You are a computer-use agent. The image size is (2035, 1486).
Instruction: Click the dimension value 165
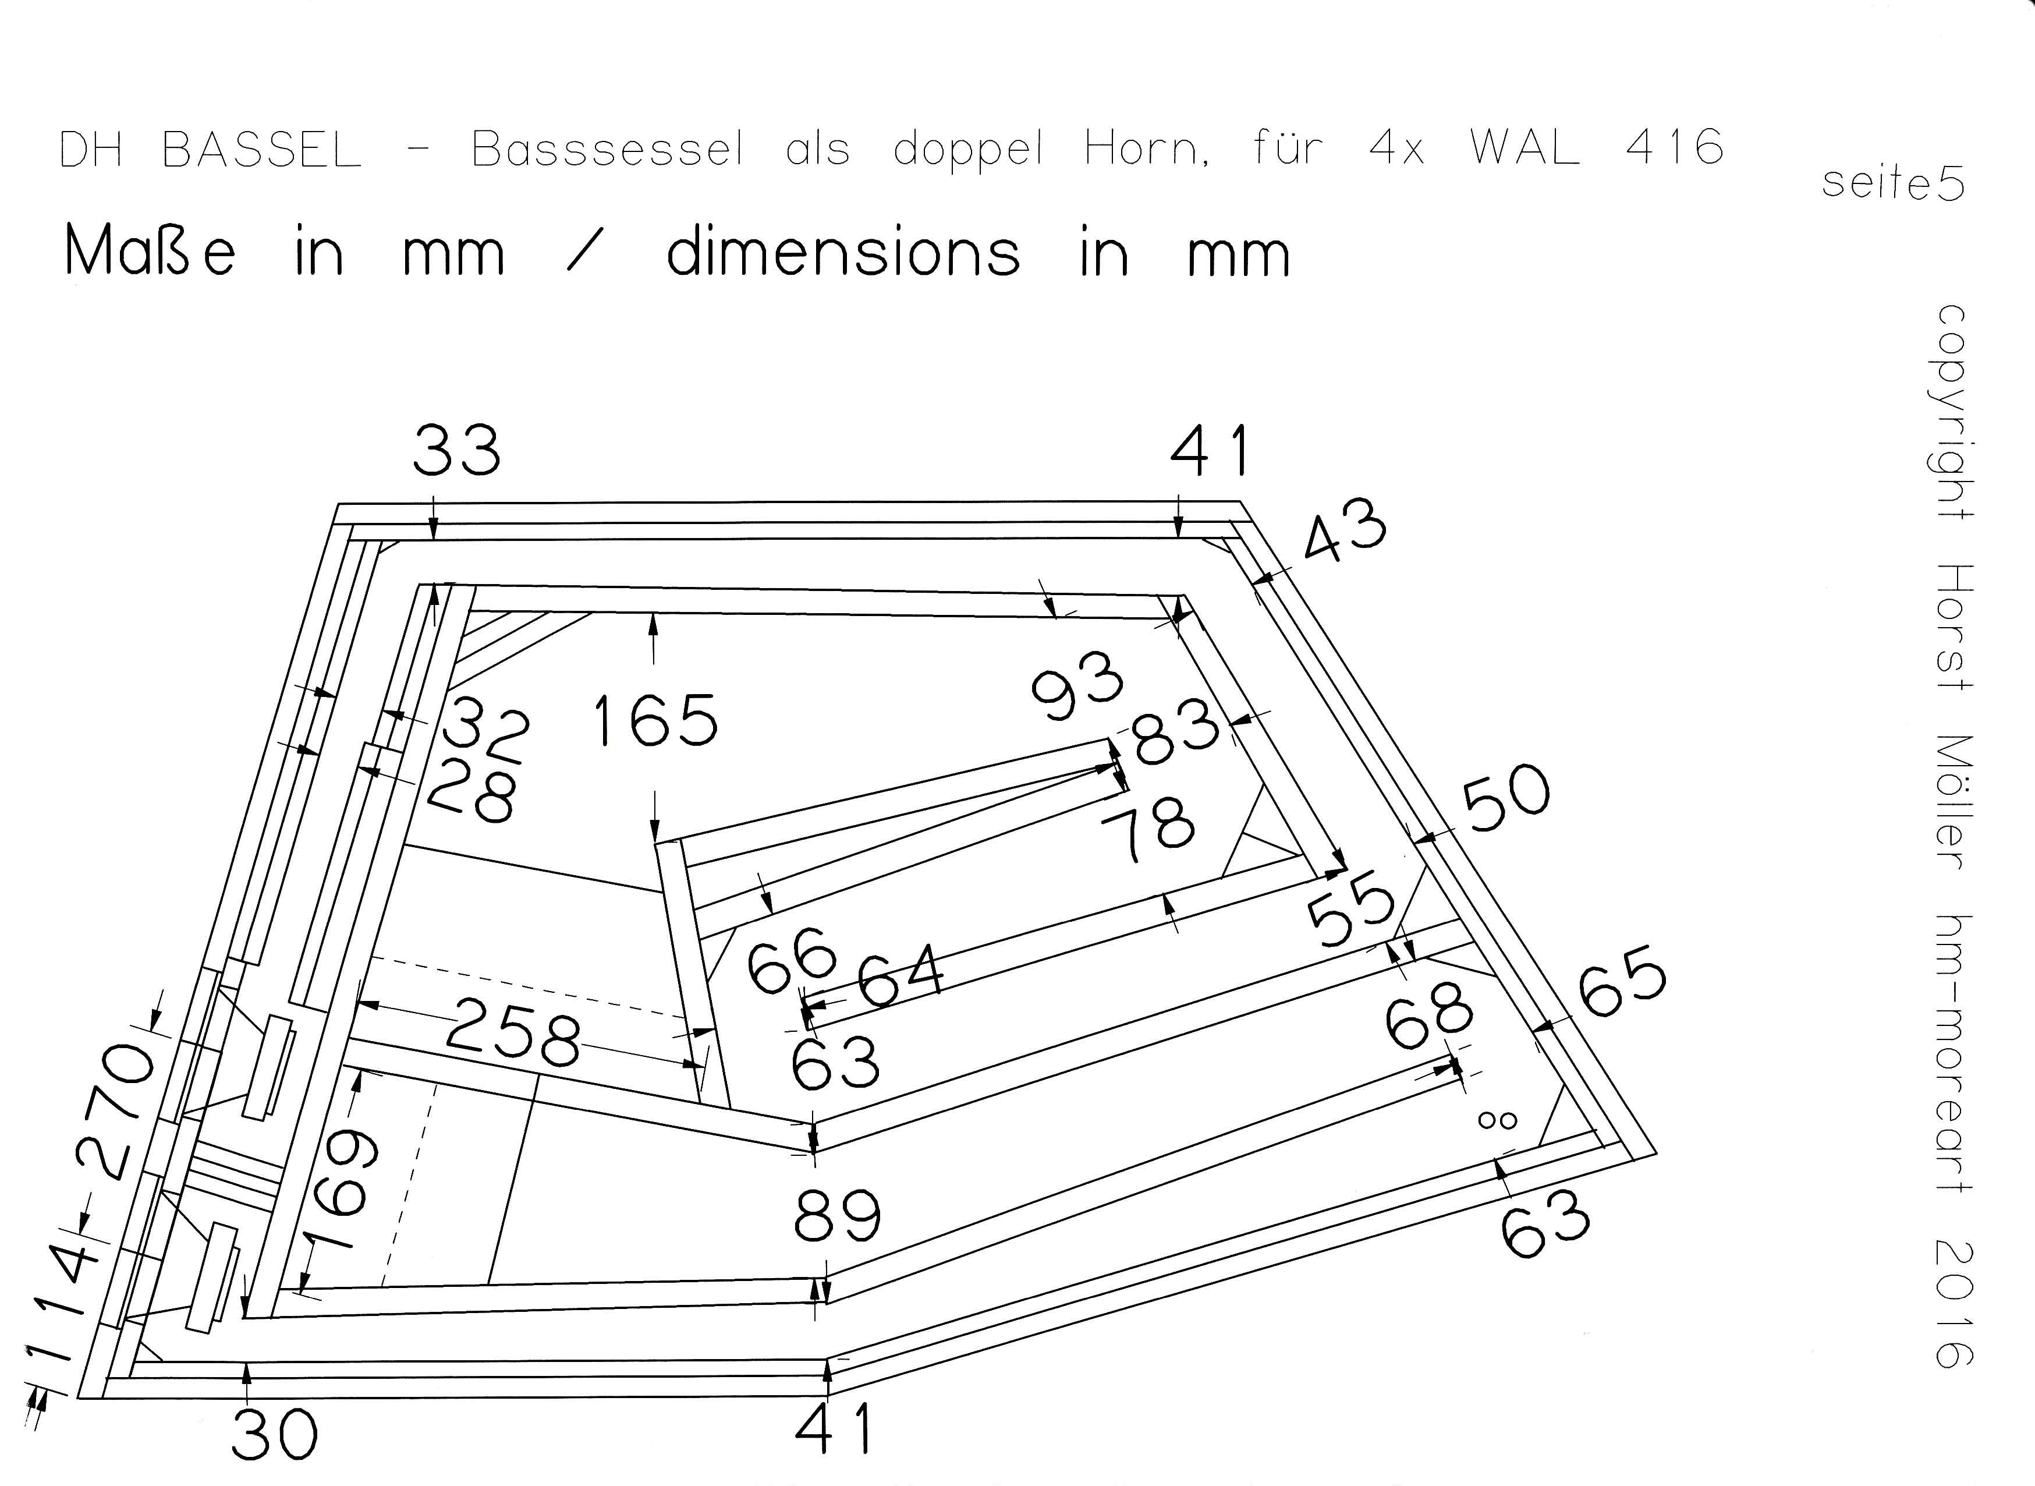[655, 722]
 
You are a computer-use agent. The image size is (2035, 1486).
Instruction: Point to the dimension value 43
[1345, 533]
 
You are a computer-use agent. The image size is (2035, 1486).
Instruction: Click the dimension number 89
[836, 1216]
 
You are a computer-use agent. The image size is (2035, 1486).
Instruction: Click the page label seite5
[1893, 185]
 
